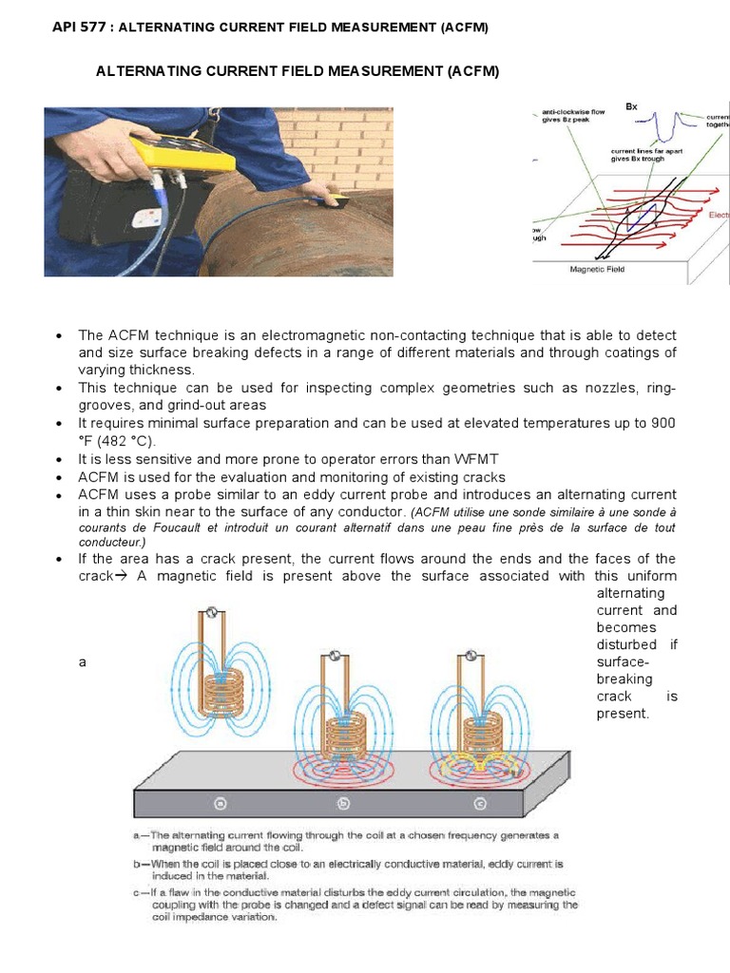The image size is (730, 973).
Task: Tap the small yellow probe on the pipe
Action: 336,200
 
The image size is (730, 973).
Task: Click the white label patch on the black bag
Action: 148,218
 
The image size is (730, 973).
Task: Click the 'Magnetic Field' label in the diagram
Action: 597,269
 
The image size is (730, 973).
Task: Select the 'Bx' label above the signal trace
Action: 631,106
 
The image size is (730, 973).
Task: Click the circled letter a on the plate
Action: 221,803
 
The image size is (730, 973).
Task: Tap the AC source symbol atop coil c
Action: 467,655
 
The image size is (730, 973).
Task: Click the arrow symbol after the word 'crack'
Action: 121,577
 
